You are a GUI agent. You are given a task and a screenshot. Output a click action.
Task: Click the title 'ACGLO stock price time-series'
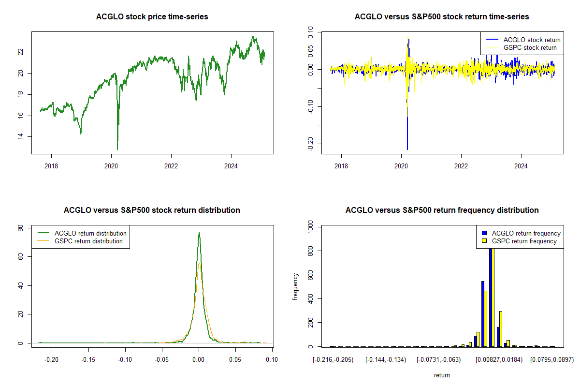coord(152,16)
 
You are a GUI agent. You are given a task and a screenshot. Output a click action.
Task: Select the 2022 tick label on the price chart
coord(171,166)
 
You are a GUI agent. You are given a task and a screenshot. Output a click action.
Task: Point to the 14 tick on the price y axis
coord(20,136)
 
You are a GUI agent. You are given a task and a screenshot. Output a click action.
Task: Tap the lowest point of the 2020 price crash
coord(117,149)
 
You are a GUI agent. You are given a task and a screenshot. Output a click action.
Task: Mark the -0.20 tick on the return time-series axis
coord(310,144)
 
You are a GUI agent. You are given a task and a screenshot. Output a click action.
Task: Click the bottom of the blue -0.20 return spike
coord(407,149)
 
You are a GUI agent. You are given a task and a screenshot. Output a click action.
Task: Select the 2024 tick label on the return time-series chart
coord(521,166)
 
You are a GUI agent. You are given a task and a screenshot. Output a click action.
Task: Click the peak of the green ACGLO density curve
coord(199,232)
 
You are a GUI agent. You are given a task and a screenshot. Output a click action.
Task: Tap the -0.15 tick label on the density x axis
coord(88,359)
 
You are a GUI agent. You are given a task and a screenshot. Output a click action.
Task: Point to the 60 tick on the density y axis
coord(20,256)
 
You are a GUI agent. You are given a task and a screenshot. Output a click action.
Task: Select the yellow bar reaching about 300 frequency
coord(501,329)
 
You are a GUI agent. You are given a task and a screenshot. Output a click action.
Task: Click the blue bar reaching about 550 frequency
coord(483,314)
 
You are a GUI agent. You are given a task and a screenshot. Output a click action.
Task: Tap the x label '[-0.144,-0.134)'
coord(386,360)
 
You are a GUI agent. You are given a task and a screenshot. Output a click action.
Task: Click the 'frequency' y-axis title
coord(295,287)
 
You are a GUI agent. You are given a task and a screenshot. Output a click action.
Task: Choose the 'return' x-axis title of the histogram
coord(442,375)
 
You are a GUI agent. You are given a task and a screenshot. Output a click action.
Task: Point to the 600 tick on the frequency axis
coord(310,275)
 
